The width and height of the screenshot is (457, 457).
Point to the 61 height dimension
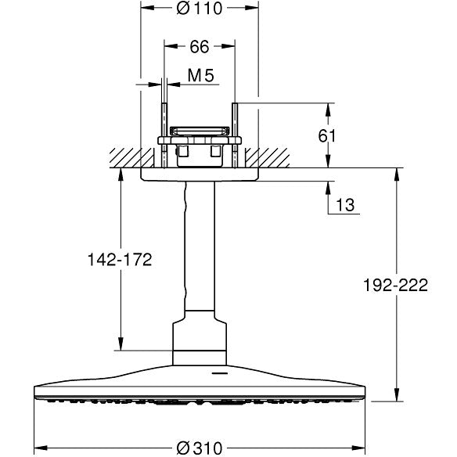328,135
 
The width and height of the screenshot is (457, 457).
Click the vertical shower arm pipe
199,250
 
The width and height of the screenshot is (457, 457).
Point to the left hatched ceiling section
125,157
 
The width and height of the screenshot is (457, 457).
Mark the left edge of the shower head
35,390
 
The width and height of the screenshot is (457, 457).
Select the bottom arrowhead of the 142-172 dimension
120,344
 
